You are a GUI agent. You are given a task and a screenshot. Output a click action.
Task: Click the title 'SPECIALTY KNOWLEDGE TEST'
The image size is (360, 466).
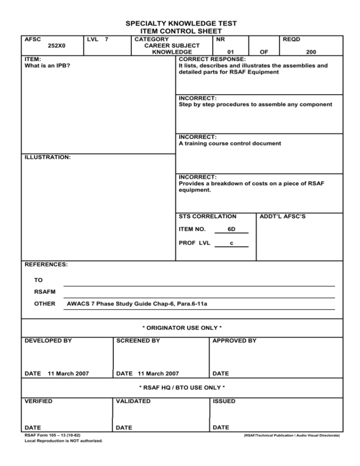(181, 23)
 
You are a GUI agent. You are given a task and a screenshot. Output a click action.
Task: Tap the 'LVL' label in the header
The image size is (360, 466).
(92, 39)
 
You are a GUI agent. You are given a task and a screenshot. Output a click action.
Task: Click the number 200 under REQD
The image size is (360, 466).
(310, 53)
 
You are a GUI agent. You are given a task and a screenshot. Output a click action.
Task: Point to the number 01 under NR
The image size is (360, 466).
(231, 53)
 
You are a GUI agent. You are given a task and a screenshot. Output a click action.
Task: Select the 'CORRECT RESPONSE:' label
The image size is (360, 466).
(211, 59)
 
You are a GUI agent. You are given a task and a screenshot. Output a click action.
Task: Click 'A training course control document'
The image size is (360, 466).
(230, 143)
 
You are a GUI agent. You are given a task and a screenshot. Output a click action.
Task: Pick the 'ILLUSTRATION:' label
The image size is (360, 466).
(47, 158)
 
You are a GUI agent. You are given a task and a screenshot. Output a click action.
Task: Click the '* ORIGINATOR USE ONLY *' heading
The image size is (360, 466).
(181, 327)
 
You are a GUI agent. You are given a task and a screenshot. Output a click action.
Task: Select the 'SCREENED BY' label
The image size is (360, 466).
(136, 341)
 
